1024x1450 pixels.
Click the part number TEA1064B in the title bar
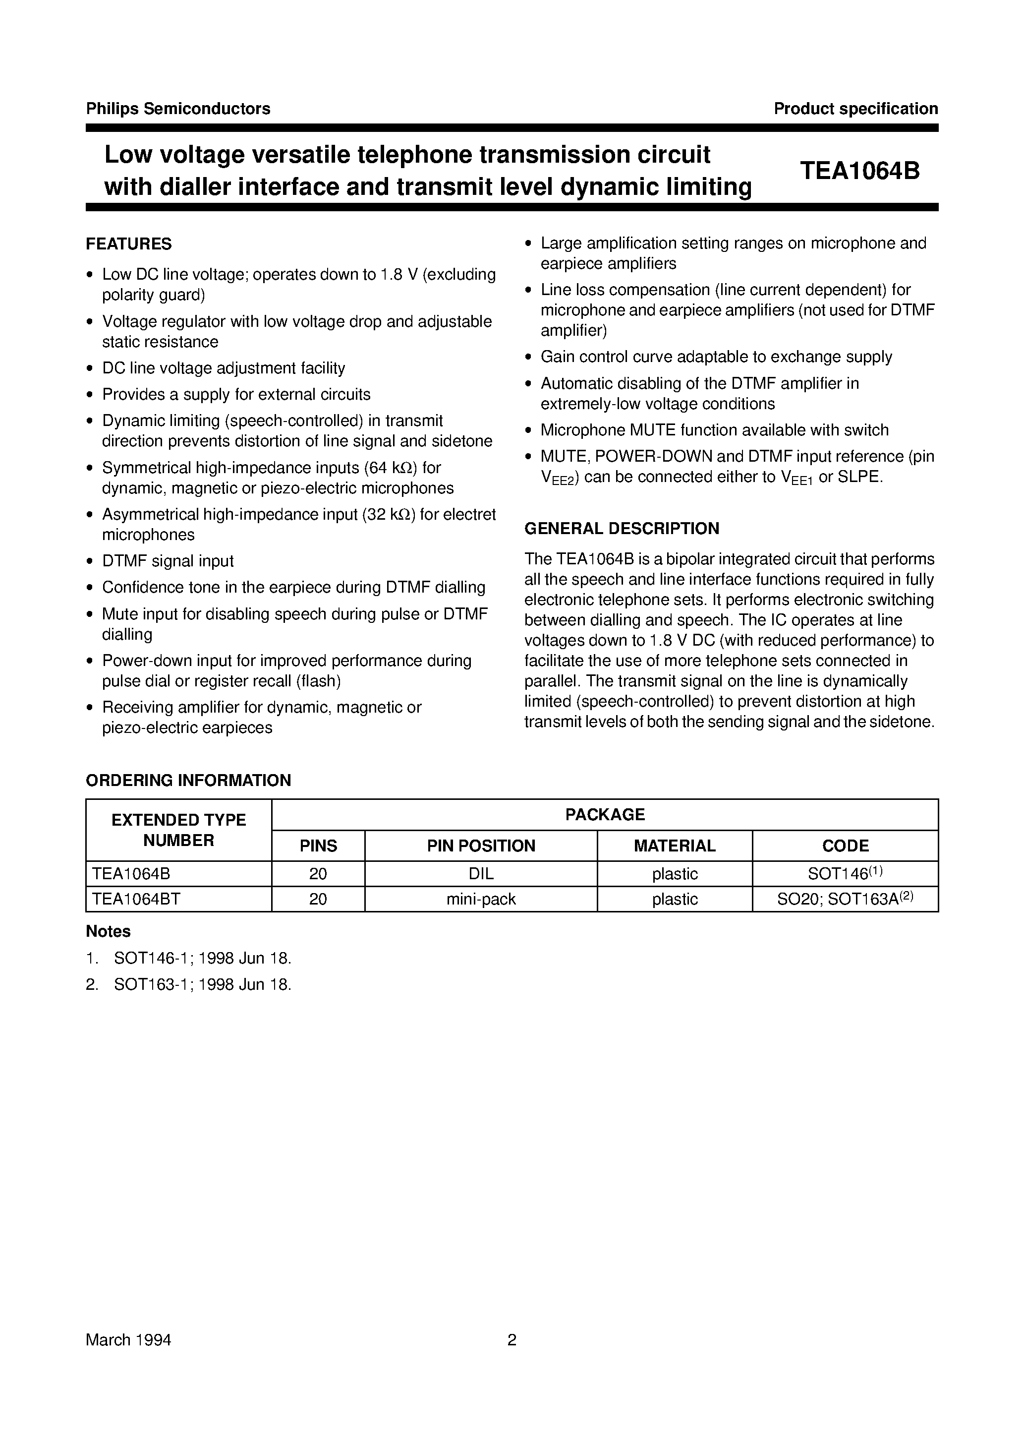click(859, 171)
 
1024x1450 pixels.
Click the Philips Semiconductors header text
click(178, 109)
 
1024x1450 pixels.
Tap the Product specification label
click(855, 109)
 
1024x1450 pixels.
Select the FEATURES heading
click(129, 244)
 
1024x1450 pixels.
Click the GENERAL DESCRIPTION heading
click(622, 528)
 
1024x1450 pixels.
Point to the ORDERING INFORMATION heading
click(188, 780)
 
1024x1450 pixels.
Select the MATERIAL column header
click(674, 846)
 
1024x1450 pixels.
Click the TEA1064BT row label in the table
click(136, 899)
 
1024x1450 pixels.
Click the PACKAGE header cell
click(604, 815)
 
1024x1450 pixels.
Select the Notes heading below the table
click(108, 931)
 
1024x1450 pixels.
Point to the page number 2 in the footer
click(512, 1339)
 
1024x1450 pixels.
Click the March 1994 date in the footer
click(129, 1340)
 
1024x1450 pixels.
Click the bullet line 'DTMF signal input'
click(168, 561)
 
